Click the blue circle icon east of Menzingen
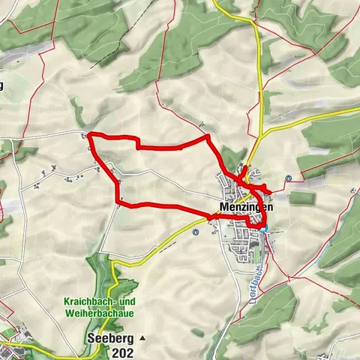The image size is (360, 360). click(289, 178)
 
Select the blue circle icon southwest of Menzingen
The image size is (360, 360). click(195, 232)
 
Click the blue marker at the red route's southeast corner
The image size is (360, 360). click(264, 226)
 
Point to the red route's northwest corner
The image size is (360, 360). click(90, 135)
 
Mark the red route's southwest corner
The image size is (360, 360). click(118, 201)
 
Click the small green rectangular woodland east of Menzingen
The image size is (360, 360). click(301, 198)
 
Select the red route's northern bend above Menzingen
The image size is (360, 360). click(207, 138)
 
